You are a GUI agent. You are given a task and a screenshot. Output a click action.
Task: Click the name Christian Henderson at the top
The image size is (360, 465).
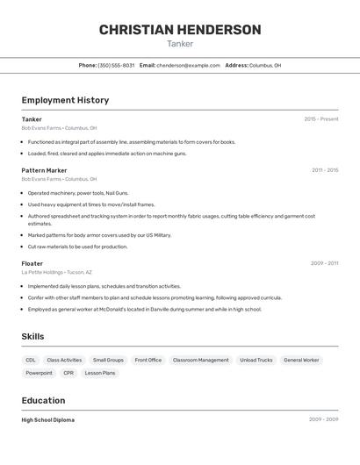[x=180, y=30]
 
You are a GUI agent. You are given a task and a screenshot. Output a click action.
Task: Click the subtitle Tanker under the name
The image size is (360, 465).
[x=180, y=44]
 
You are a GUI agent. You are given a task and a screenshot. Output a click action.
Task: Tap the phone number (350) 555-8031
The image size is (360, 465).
[x=116, y=65]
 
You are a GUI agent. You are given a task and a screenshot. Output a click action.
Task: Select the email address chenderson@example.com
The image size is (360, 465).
[x=188, y=65]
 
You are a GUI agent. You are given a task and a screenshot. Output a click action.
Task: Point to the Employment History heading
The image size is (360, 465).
[x=65, y=100]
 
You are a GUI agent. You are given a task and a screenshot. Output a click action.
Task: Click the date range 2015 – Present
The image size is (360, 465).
[x=321, y=119]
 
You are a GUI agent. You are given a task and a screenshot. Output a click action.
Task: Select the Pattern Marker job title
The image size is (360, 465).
[x=44, y=170]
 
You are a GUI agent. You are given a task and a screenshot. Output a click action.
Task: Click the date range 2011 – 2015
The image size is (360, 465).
[x=325, y=170]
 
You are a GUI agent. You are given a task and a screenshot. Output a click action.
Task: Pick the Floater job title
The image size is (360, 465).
[x=32, y=263]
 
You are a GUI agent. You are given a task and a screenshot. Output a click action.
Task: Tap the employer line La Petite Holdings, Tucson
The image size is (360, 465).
[x=56, y=272]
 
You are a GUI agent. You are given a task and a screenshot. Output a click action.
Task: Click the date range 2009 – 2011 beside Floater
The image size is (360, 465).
[x=325, y=263]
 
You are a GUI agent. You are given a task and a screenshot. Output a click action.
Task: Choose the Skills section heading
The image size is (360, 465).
[x=32, y=336]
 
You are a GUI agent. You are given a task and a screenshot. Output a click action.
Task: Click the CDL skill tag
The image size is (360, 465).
[x=31, y=360]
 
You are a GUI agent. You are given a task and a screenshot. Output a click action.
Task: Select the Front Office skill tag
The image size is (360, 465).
[x=148, y=360]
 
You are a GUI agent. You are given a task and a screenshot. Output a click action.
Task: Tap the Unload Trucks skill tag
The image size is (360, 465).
[x=256, y=360]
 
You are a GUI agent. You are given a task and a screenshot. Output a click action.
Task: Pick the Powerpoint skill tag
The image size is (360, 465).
[x=39, y=373]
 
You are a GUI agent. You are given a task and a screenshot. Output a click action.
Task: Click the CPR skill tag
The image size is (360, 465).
[x=68, y=373]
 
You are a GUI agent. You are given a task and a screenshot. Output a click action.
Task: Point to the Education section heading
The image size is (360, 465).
[x=44, y=400]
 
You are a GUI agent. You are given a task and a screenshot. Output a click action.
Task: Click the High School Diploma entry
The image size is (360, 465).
[x=48, y=420]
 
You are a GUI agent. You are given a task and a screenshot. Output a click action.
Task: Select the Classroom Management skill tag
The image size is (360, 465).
[x=201, y=360]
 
